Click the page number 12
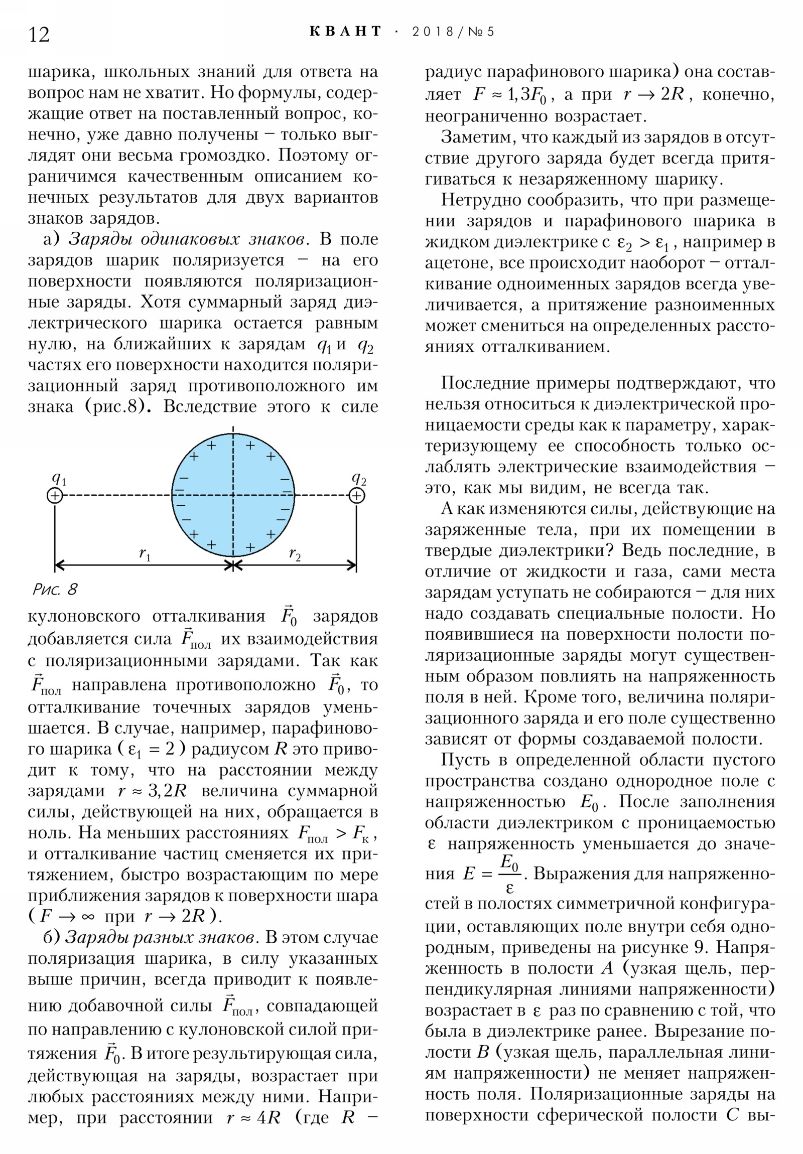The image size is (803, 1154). tap(39, 35)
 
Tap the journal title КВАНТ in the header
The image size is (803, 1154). tap(345, 32)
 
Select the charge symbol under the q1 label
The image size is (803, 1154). tap(55, 496)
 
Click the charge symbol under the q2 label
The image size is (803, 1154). tap(356, 496)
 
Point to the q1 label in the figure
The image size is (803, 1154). tap(59, 478)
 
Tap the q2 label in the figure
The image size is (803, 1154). tap(358, 478)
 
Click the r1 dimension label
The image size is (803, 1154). tap(145, 554)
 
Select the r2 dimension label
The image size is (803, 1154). tap(295, 554)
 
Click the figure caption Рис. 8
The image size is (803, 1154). tap(55, 589)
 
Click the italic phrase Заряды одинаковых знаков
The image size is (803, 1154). tap(187, 239)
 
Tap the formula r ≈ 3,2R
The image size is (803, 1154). tap(152, 791)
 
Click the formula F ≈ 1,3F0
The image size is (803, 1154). tap(510, 95)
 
